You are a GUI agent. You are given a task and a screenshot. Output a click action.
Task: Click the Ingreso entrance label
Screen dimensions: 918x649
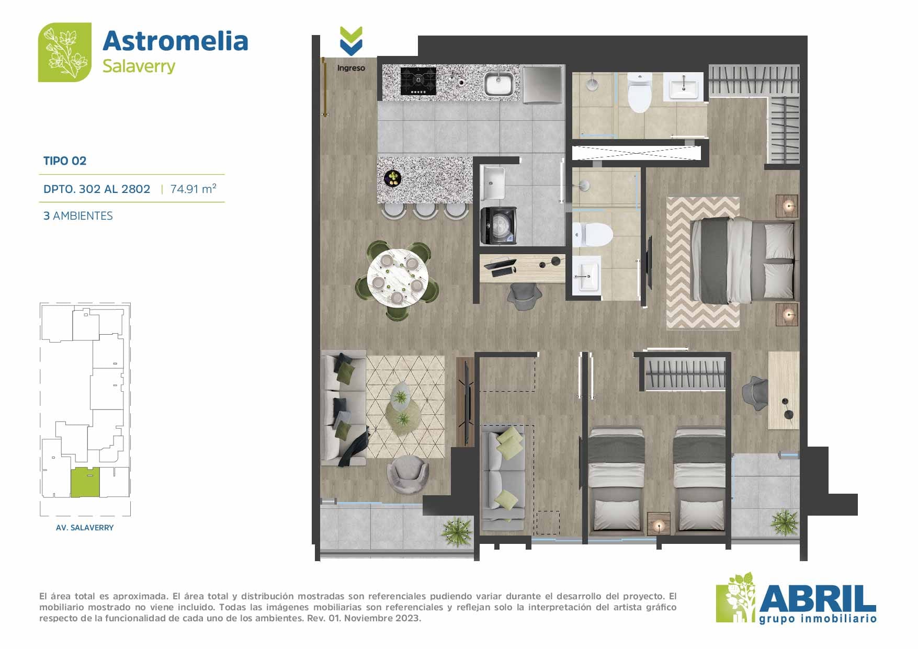(x=351, y=68)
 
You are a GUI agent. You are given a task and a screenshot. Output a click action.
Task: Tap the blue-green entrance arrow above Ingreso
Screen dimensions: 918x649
(x=351, y=41)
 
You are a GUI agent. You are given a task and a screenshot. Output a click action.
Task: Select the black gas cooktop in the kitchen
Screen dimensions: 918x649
(x=418, y=81)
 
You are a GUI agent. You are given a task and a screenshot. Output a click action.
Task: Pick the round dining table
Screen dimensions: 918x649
(x=398, y=278)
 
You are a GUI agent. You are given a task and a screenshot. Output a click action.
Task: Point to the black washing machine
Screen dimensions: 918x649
(x=498, y=225)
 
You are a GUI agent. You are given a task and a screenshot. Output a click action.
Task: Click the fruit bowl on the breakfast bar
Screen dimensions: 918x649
(x=392, y=178)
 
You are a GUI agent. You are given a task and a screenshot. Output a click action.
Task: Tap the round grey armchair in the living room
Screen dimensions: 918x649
(x=407, y=473)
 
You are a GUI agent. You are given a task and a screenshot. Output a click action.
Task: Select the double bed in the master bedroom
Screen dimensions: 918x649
(x=743, y=261)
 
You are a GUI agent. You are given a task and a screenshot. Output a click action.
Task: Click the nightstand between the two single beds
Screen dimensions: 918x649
(x=659, y=523)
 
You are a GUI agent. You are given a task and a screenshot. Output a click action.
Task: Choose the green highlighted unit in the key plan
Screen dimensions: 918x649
(x=85, y=482)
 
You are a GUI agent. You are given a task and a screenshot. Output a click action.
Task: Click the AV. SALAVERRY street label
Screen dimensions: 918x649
(x=85, y=528)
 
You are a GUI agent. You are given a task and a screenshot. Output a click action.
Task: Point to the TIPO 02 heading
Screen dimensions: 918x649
(x=65, y=161)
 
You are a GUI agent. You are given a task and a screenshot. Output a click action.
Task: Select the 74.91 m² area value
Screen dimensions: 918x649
(x=193, y=188)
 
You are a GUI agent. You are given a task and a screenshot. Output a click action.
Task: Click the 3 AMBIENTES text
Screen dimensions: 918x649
(x=78, y=216)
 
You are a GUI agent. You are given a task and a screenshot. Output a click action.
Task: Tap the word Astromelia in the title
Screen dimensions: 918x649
(x=175, y=41)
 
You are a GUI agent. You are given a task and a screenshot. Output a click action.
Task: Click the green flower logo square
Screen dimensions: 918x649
(x=65, y=52)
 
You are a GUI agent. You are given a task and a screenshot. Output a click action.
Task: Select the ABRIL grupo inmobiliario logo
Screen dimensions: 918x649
(x=796, y=598)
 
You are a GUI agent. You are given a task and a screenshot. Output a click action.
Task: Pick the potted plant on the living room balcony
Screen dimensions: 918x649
(x=457, y=532)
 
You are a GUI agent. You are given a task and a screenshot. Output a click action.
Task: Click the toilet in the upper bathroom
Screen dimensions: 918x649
(x=639, y=93)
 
